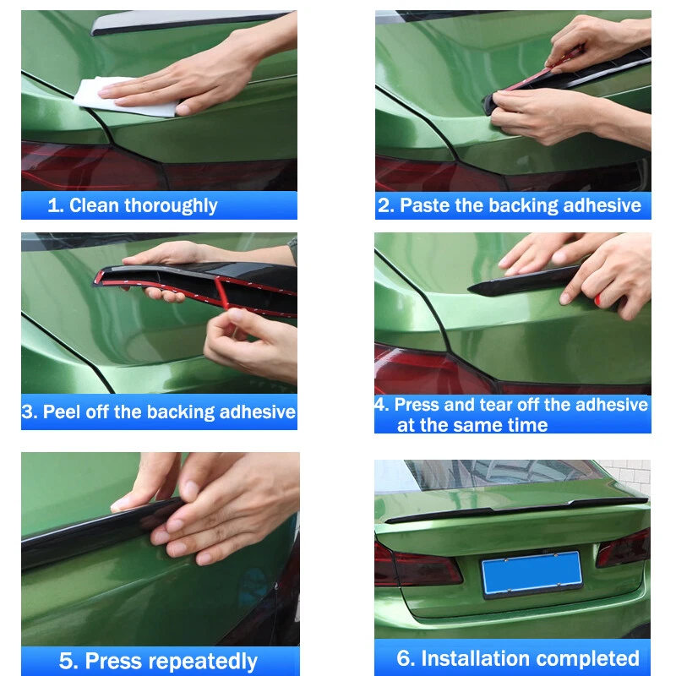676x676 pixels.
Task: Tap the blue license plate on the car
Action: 532,573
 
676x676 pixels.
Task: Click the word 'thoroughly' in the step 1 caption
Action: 172,205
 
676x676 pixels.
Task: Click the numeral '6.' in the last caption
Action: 406,658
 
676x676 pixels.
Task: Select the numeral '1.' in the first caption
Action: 56,205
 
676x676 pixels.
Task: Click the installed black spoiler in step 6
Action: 516,509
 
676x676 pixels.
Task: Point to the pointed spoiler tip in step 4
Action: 469,290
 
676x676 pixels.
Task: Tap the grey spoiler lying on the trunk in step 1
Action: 189,22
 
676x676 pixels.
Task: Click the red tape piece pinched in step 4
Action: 598,300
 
